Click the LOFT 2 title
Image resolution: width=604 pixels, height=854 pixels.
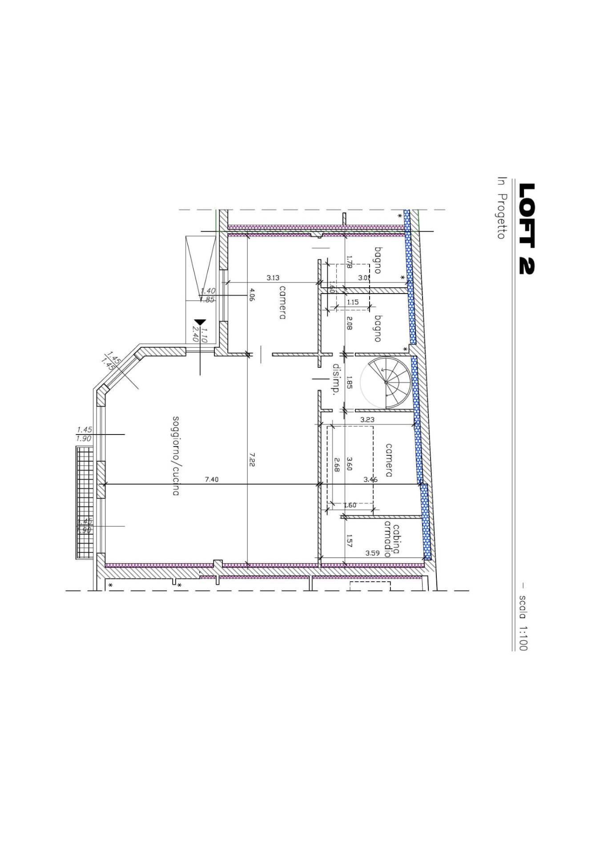527,229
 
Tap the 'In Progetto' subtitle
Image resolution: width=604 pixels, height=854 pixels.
501,208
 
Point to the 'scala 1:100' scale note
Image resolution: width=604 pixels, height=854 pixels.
523,622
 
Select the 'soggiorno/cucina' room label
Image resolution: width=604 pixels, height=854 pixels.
176,455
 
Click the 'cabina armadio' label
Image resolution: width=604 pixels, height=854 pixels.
392,539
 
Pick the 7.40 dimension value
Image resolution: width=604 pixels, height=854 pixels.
211,479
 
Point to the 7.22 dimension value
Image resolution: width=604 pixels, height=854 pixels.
252,459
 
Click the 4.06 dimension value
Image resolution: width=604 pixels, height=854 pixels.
252,295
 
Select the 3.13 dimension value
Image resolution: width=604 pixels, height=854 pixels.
273,278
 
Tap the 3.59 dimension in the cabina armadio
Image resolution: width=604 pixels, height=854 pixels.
372,553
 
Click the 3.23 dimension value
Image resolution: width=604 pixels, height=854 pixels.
367,419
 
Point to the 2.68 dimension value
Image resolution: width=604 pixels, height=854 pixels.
337,464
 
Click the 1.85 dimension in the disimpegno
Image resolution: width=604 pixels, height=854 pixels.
349,383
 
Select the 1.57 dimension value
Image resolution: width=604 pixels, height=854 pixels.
349,540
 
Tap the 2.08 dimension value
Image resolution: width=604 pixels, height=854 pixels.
349,322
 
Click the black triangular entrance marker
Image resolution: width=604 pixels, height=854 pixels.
200,322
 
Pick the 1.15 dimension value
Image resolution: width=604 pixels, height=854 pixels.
353,302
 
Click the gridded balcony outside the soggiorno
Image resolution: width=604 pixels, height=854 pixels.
85,503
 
